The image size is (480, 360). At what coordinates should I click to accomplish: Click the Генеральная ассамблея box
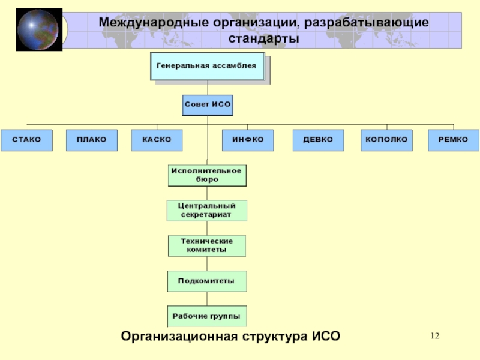(208, 67)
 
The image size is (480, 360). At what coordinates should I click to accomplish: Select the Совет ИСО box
(208, 105)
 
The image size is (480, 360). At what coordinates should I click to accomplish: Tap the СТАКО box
(26, 140)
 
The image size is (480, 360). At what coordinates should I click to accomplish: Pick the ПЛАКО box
(92, 140)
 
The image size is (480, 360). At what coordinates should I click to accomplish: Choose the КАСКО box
(157, 140)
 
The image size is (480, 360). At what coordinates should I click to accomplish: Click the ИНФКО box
(248, 140)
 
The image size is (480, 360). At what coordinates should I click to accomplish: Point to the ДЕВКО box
(318, 140)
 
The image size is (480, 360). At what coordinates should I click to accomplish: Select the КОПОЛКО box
(386, 140)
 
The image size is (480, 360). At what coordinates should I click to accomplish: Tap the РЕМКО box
(454, 140)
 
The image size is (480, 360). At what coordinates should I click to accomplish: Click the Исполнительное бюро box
(207, 175)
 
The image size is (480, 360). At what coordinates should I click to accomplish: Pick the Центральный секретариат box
(207, 211)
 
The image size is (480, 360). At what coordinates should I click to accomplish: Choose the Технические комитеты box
(207, 246)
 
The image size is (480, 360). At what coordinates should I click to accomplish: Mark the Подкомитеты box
(207, 281)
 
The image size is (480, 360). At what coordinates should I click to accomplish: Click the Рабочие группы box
(207, 316)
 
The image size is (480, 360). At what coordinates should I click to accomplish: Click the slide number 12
(435, 336)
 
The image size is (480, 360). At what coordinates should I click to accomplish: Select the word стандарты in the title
(263, 39)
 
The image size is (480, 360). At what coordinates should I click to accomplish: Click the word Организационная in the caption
(179, 336)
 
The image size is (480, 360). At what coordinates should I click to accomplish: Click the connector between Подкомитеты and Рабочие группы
(207, 299)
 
